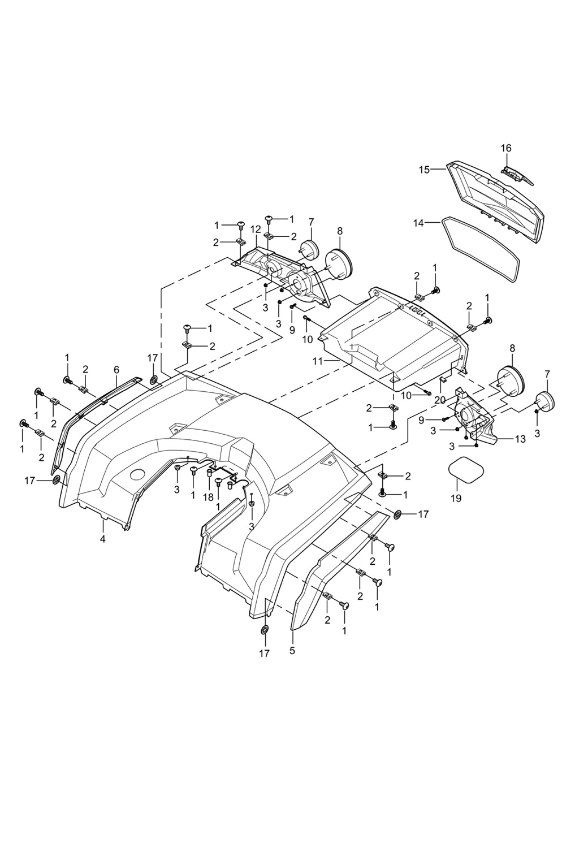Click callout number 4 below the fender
[103, 539]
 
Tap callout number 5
[292, 651]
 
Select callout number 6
[116, 370]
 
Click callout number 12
[256, 229]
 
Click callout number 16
[506, 148]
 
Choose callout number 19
[456, 498]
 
